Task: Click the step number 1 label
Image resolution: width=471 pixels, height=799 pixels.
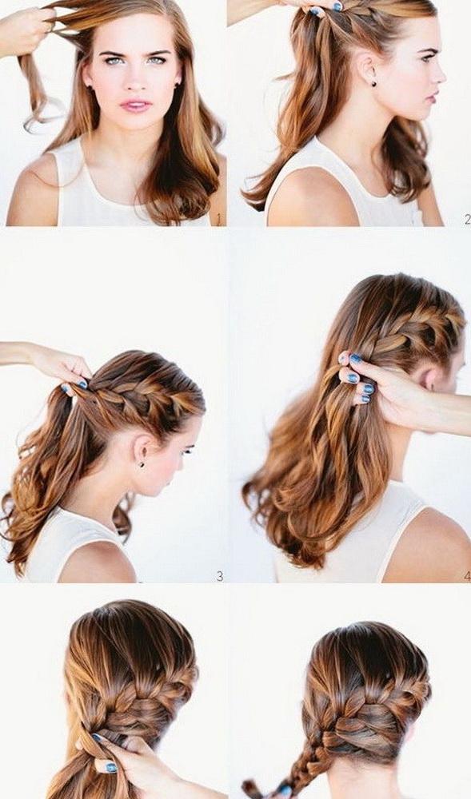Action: [218, 220]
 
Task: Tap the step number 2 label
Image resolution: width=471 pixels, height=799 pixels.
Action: [468, 220]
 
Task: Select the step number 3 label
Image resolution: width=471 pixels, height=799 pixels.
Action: [220, 576]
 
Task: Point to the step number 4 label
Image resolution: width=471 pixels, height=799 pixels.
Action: [468, 576]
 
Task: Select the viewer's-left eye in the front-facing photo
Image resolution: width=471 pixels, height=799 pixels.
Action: [113, 60]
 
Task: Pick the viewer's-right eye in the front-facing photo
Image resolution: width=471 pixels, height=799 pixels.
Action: [158, 60]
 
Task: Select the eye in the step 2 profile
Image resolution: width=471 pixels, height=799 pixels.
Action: [427, 58]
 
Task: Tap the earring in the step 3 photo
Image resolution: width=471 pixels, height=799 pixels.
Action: [142, 464]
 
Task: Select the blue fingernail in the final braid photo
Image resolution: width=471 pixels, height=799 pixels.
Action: [112, 767]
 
